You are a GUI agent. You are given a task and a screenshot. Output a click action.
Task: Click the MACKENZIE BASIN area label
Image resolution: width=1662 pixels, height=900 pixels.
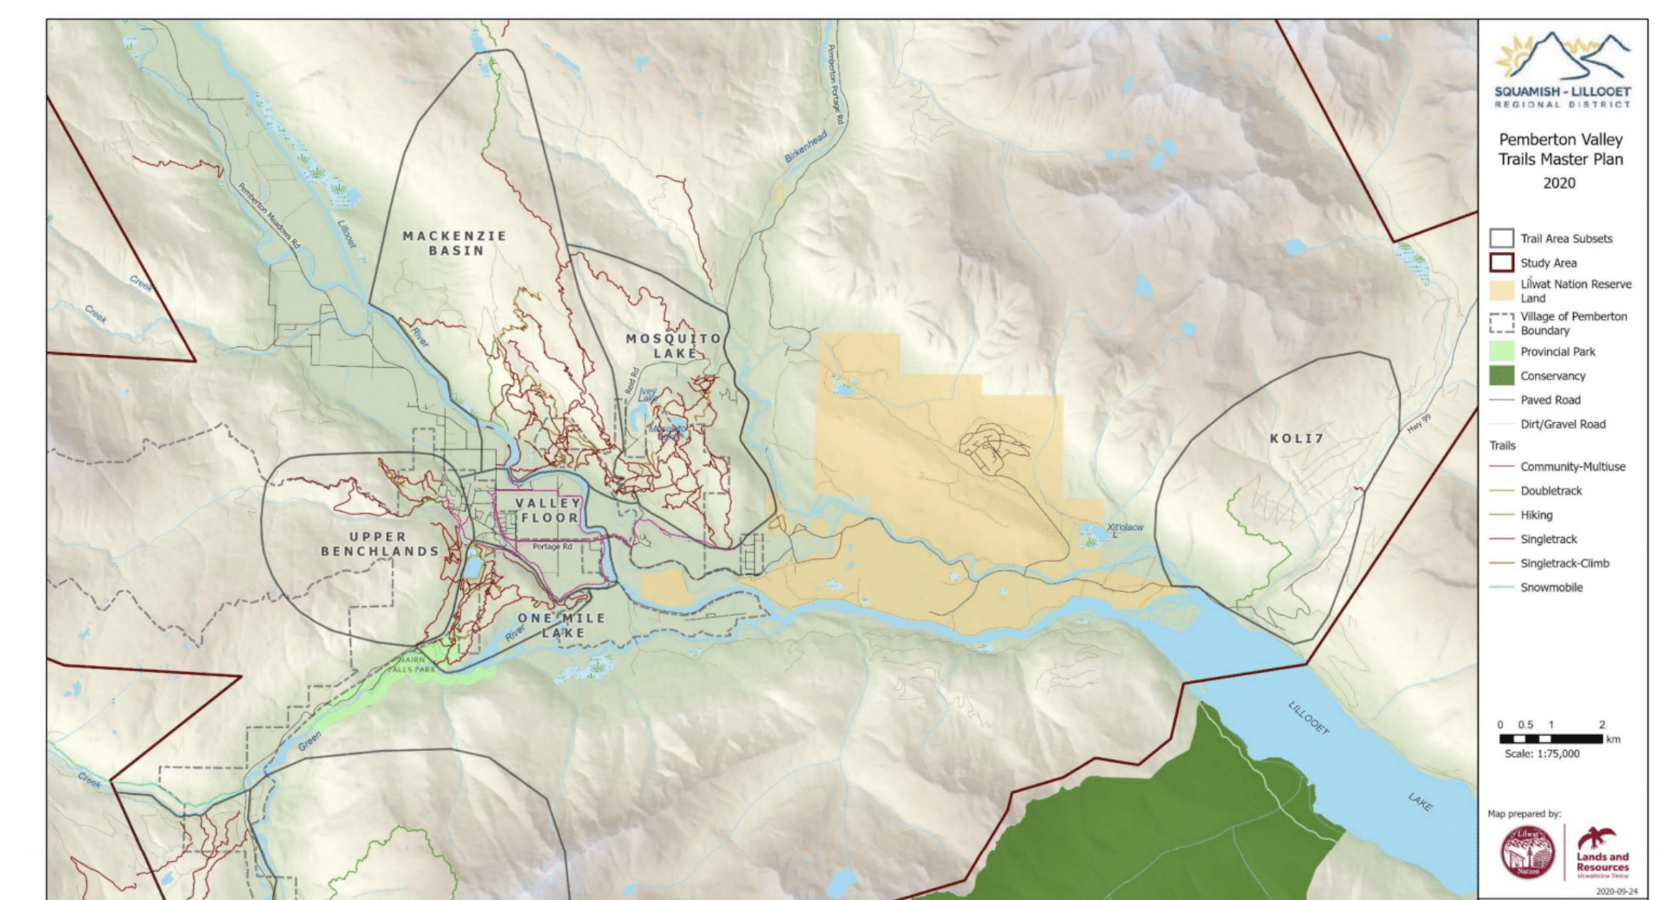coord(455,243)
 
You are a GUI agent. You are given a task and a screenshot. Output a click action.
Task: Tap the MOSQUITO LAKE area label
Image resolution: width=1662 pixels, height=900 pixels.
coord(673,346)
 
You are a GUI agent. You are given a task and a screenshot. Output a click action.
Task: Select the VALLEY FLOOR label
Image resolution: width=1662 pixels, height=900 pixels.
coord(549,510)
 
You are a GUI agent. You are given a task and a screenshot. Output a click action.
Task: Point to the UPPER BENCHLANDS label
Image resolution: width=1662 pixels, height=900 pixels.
coord(380,544)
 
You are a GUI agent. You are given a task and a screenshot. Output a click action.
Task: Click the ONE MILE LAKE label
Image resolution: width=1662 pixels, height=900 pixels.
coord(562,625)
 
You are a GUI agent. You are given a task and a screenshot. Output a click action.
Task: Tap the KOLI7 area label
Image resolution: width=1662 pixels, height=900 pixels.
coord(1297,439)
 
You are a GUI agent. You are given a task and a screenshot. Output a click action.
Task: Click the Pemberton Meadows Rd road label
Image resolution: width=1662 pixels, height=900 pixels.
coord(269,215)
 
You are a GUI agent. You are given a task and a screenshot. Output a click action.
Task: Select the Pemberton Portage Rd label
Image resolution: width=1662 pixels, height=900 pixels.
coord(835,84)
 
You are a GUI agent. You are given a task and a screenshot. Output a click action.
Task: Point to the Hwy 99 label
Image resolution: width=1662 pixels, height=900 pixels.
coord(1418,424)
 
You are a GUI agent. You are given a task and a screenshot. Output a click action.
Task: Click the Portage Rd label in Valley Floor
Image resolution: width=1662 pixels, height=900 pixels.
coord(552,547)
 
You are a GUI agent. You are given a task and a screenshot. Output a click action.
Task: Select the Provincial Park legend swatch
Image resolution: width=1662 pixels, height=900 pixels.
coord(1501,352)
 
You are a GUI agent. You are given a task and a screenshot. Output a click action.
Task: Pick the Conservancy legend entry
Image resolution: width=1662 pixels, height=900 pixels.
coord(1552,376)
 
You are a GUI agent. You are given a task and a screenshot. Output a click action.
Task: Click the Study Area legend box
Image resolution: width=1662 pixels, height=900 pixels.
coord(1501,263)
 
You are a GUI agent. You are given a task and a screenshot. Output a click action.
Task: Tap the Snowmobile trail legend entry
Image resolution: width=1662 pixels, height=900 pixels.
coord(1551,587)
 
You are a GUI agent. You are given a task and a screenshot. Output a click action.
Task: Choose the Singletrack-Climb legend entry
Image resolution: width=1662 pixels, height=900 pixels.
coord(1564,563)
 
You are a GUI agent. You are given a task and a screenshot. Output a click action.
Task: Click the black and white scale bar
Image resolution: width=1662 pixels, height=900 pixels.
coord(1551,739)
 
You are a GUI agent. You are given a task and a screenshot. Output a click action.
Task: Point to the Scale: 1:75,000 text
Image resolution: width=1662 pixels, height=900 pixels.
coord(1542,754)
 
